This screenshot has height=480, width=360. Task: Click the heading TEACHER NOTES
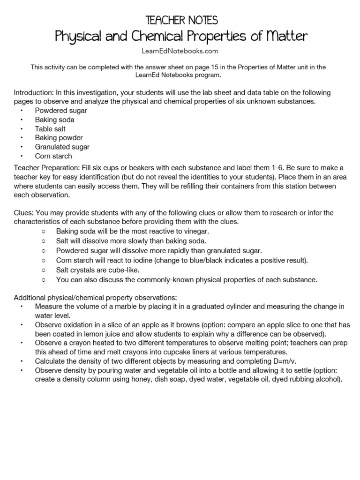tap(181, 20)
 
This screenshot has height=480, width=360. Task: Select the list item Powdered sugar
tap(61, 111)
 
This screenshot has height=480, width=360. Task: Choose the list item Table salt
tap(50, 129)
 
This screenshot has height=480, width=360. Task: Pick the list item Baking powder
tap(59, 138)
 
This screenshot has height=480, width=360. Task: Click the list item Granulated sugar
tap(62, 147)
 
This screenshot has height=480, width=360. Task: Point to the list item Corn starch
tap(53, 156)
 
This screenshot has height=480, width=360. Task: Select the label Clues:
tap(24, 213)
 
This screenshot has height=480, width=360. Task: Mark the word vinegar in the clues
tap(196, 232)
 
